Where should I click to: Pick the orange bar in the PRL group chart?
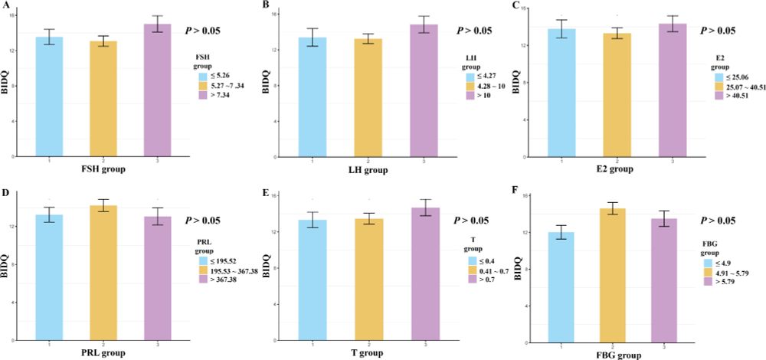pos(103,272)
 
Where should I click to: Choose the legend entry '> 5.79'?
pos(729,283)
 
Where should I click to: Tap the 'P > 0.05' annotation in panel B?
pos(477,31)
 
